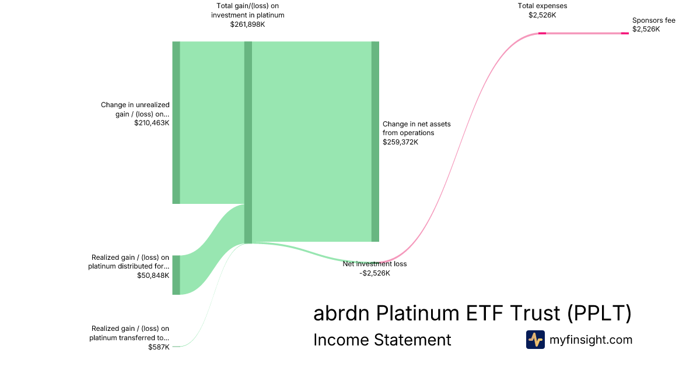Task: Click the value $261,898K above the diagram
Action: [x=247, y=24]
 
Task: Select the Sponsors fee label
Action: [x=653, y=20]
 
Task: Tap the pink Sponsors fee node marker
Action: [x=625, y=33]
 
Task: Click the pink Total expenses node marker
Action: [x=542, y=33]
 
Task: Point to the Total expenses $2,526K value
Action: [x=542, y=15]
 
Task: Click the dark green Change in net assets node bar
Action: [x=375, y=142]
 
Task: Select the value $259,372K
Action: [x=400, y=142]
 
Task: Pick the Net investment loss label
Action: [x=374, y=264]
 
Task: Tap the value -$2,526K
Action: [x=374, y=273]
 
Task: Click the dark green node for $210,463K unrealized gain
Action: [x=176, y=122]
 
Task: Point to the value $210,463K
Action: [x=152, y=123]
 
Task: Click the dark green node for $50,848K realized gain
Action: [x=176, y=275]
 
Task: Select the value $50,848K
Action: [x=153, y=275]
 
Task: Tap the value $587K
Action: [x=159, y=347]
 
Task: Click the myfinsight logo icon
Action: [x=535, y=340]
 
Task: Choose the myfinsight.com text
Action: [x=591, y=340]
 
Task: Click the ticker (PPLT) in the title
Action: [x=599, y=313]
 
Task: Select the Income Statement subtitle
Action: [x=382, y=340]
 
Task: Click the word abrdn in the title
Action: [x=342, y=313]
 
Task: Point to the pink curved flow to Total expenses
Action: [x=467, y=146]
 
